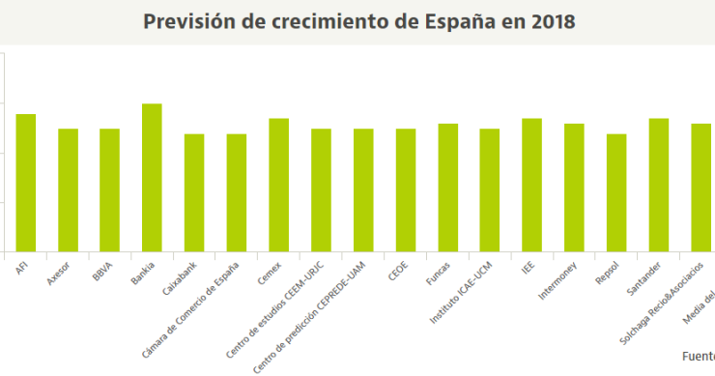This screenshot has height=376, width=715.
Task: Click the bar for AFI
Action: tap(25, 183)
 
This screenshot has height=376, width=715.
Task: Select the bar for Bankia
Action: tap(152, 178)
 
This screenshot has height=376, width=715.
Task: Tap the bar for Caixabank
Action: tap(194, 192)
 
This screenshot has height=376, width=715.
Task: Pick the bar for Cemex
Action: tap(278, 185)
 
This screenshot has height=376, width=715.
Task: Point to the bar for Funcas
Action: tap(447, 188)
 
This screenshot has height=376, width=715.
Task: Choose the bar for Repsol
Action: tap(616, 192)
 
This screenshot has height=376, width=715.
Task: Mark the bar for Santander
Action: tap(659, 185)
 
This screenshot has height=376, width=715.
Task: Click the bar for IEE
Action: tap(531, 185)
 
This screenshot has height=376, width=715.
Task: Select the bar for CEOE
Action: tap(405, 189)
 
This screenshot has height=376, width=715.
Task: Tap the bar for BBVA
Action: tap(109, 189)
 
